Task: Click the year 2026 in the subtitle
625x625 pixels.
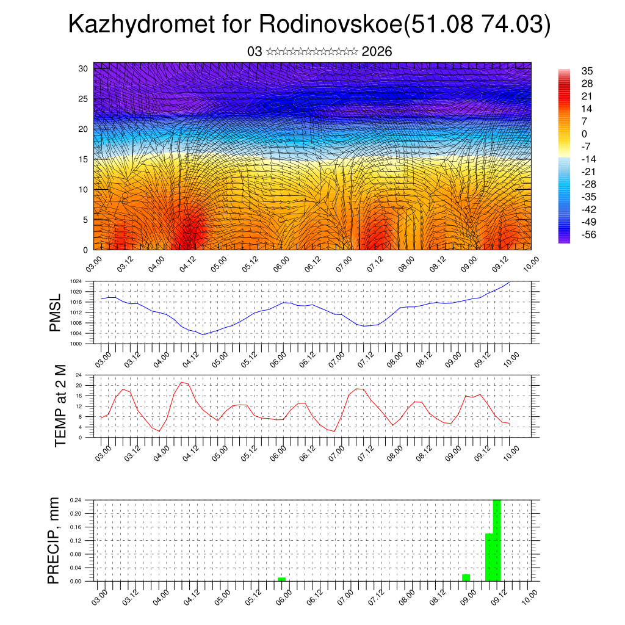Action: [x=377, y=52]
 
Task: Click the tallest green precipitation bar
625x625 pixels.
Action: [x=497, y=540]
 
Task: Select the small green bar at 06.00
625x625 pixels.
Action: [x=281, y=579]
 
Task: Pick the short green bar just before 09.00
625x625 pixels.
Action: [x=466, y=577]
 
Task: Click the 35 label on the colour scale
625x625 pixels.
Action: [x=587, y=71]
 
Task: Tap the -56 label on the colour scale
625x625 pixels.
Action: [x=589, y=234]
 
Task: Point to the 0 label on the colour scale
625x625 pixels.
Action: [x=584, y=134]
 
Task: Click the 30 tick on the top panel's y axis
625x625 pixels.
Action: [x=84, y=68]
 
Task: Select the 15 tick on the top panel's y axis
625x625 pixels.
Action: [x=84, y=159]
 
